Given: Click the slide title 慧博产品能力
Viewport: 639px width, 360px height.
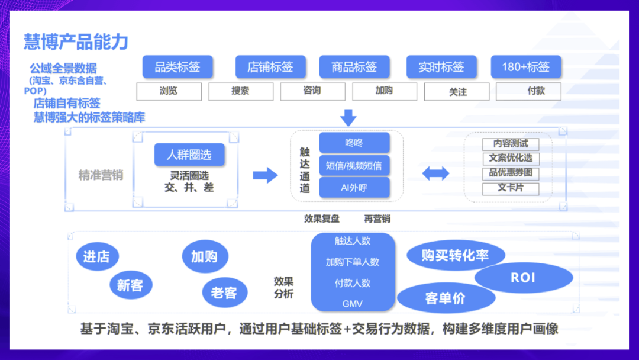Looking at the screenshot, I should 76,42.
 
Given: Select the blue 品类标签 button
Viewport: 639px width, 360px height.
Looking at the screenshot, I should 177,67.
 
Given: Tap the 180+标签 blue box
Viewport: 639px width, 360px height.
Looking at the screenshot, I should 525,67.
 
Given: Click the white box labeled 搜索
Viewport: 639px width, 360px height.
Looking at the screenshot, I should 241,91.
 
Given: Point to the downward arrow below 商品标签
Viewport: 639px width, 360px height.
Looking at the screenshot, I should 348,117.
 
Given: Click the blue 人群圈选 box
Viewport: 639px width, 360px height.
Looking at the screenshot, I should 189,155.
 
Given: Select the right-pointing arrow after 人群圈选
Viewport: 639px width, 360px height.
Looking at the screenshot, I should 264,175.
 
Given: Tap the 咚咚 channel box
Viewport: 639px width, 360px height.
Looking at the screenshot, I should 354,143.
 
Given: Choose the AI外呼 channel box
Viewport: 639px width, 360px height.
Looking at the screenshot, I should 354,188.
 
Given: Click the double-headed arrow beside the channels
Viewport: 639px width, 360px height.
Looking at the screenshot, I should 435,173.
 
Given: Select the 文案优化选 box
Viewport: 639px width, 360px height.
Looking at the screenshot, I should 511,159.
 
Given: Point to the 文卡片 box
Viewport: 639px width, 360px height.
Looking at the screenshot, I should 511,189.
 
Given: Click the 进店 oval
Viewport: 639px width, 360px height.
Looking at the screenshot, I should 97,257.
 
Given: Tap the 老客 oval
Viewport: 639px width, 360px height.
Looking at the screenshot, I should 224,292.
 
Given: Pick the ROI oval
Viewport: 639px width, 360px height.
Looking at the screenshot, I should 523,278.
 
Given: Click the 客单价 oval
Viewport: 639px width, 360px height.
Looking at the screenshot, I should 445,298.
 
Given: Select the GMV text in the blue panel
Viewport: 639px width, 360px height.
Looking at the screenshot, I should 352,304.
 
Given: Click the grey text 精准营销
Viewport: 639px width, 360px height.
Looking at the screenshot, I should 101,175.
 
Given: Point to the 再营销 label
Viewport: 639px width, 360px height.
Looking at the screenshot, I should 377,218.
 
